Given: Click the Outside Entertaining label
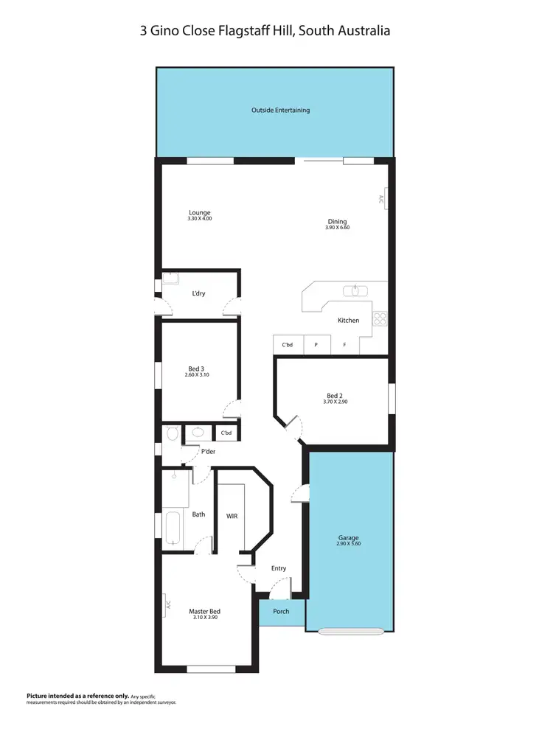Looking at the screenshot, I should click(x=280, y=111).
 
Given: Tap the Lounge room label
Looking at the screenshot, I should click(x=199, y=213).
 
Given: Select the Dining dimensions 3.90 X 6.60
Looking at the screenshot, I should click(x=337, y=228).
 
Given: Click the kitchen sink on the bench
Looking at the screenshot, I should click(x=357, y=290).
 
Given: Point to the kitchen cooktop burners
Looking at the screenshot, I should click(x=380, y=319).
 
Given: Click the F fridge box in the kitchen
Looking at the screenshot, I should click(x=344, y=344).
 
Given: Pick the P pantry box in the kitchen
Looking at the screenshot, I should click(x=316, y=344).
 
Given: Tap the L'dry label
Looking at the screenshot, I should click(x=198, y=294).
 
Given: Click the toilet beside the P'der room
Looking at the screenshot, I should click(x=172, y=433).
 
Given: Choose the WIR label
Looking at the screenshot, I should click(x=232, y=516).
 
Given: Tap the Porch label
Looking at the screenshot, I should click(x=281, y=611).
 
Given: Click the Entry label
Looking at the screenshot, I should click(x=279, y=568).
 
